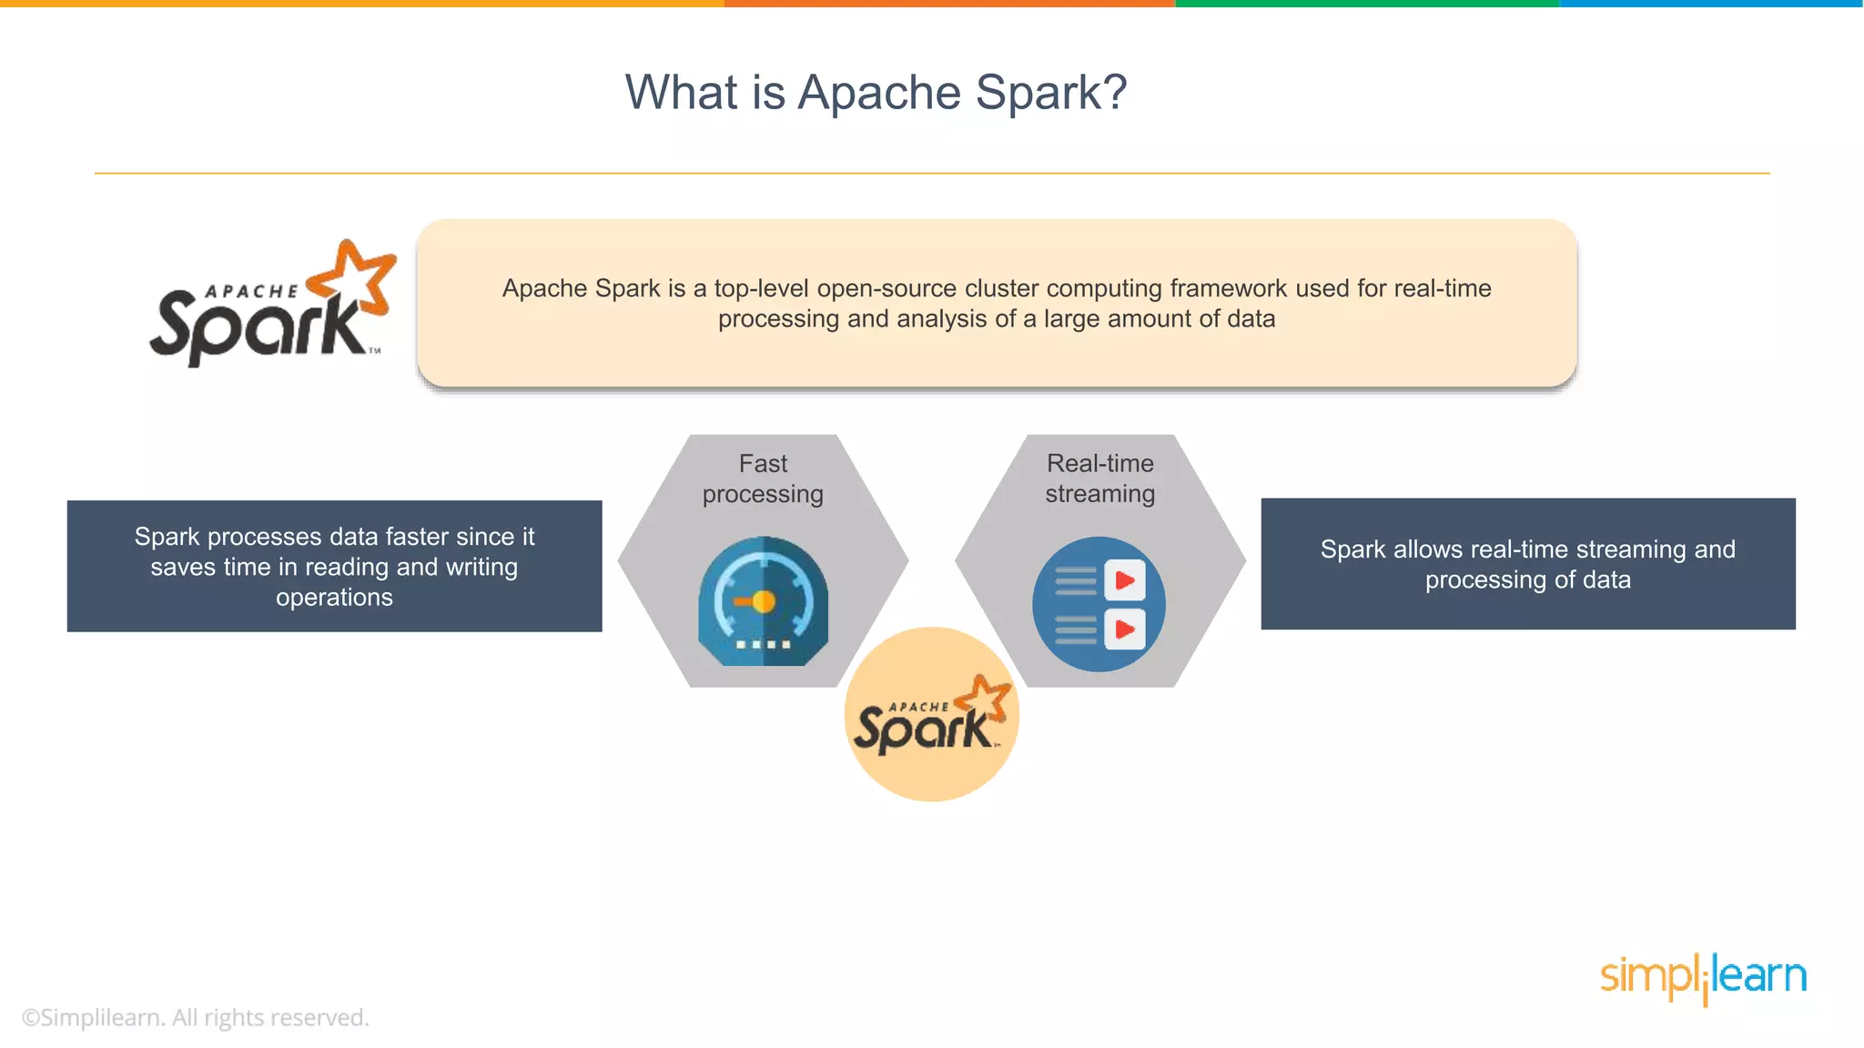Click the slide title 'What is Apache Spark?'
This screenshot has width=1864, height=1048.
pyautogui.click(x=876, y=93)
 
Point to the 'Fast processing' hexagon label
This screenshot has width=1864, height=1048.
pyautogui.click(x=763, y=479)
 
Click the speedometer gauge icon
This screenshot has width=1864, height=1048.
pyautogui.click(x=763, y=601)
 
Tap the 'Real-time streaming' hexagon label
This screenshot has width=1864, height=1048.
pyautogui.click(x=1099, y=479)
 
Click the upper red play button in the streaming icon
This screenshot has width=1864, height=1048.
pyautogui.click(x=1125, y=580)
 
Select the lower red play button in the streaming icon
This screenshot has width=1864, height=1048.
pyautogui.click(x=1125, y=630)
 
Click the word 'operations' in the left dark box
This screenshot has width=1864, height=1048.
pyautogui.click(x=334, y=598)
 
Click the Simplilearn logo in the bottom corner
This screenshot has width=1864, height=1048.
pyautogui.click(x=1703, y=977)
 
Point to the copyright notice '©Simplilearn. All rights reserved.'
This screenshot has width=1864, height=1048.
pyautogui.click(x=195, y=1017)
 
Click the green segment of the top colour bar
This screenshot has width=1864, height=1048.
pyautogui.click(x=1367, y=4)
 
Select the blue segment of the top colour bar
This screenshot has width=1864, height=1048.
pyautogui.click(x=1711, y=4)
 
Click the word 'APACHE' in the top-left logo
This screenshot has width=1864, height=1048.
pyautogui.click(x=252, y=292)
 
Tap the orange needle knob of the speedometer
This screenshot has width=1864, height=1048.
pyautogui.click(x=764, y=601)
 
